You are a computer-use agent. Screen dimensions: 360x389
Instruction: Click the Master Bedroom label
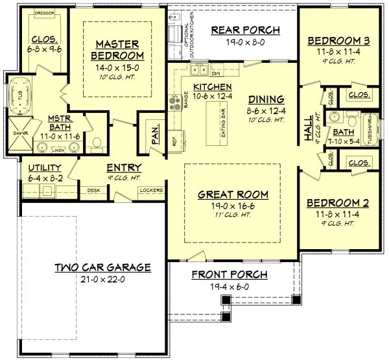tap(118, 49)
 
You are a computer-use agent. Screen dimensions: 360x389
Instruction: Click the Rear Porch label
tap(246, 30)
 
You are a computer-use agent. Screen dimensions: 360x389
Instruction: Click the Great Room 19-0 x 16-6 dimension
tap(233, 206)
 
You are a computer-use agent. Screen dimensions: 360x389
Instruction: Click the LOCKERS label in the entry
tap(152, 190)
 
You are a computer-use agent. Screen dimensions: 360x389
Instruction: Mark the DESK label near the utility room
tap(93, 190)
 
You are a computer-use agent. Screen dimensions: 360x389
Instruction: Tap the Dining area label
tap(266, 99)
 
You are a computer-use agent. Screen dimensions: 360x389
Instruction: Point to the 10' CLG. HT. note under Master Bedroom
tap(118, 77)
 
